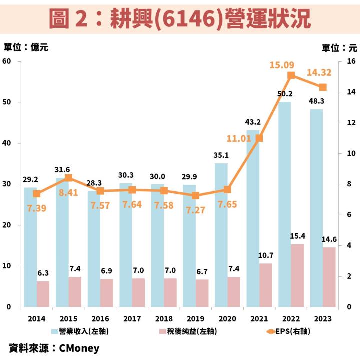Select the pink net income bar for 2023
[x=329, y=277]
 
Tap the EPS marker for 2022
[x=291, y=76]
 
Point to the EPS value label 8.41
[x=68, y=192]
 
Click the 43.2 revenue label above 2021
[x=253, y=122]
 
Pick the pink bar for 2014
[x=43, y=294]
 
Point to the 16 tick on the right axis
[x=350, y=61]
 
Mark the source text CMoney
[x=79, y=348]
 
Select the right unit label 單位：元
[x=339, y=48]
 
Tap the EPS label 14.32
[x=319, y=72]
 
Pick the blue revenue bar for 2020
[x=221, y=235]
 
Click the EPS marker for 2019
[x=195, y=195]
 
